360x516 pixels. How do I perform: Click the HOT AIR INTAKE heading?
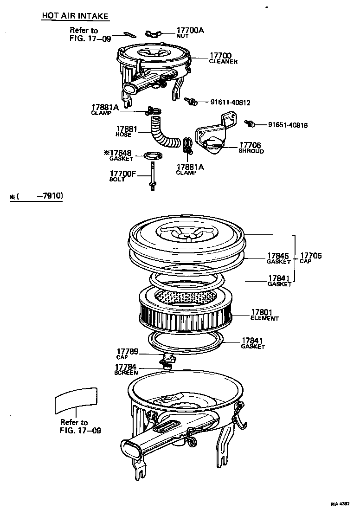click(x=75, y=16)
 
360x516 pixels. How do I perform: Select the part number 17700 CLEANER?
click(x=222, y=58)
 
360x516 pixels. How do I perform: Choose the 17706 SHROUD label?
click(x=251, y=148)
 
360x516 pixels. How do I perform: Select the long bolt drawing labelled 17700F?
click(x=152, y=176)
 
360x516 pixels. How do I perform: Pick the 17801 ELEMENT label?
click(x=264, y=315)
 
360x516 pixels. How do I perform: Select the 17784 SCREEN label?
click(x=126, y=369)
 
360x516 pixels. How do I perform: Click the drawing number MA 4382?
click(x=340, y=504)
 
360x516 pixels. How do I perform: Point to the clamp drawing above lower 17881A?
click(x=187, y=145)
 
